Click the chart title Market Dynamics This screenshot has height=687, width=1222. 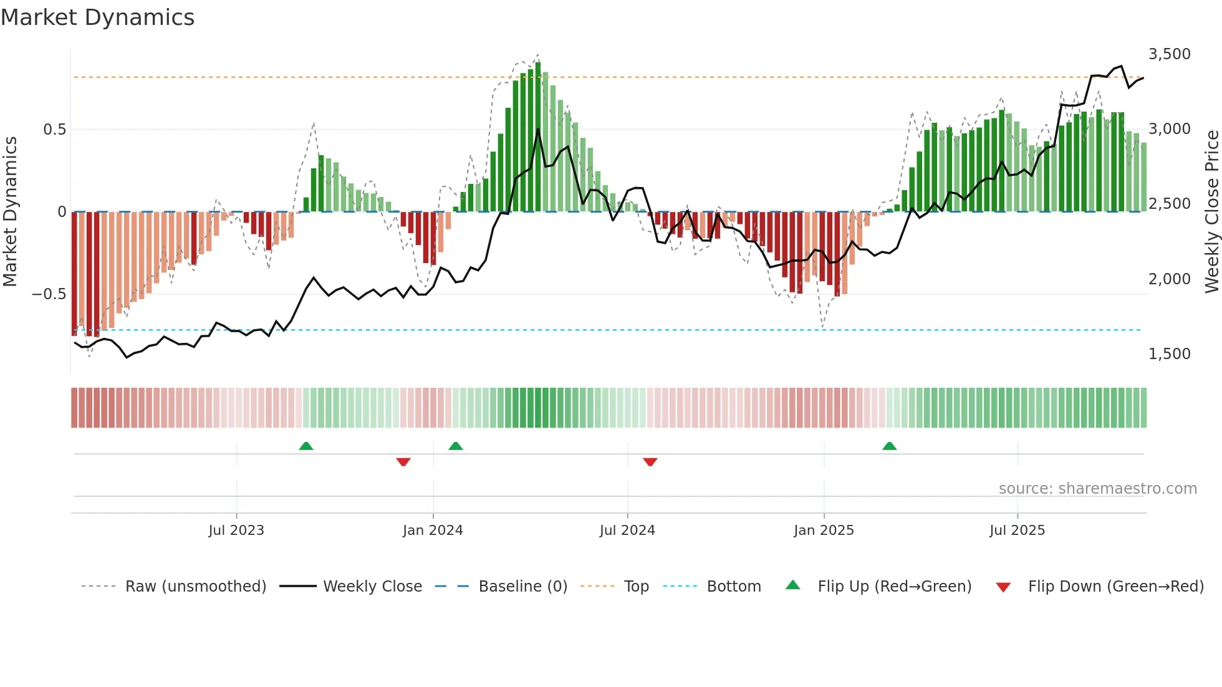point(97,17)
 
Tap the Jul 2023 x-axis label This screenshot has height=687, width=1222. point(236,531)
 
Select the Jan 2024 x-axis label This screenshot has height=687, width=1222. point(433,531)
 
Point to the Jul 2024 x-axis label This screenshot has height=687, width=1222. point(627,531)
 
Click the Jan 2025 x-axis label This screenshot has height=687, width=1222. point(824,531)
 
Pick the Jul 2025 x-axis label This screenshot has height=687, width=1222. point(1017,531)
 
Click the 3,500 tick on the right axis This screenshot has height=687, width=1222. point(1169,54)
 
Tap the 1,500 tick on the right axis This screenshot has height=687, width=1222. point(1169,354)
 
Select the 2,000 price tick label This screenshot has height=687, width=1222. point(1169,279)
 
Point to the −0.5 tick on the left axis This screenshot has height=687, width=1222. point(49,294)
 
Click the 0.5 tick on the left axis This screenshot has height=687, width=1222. point(54,130)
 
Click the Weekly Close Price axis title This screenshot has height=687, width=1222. point(1211,212)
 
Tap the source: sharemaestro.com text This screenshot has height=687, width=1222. point(1097,489)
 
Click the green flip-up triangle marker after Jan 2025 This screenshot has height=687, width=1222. point(890,446)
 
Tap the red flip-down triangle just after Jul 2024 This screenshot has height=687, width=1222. point(650,462)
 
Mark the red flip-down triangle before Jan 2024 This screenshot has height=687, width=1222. point(403,462)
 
